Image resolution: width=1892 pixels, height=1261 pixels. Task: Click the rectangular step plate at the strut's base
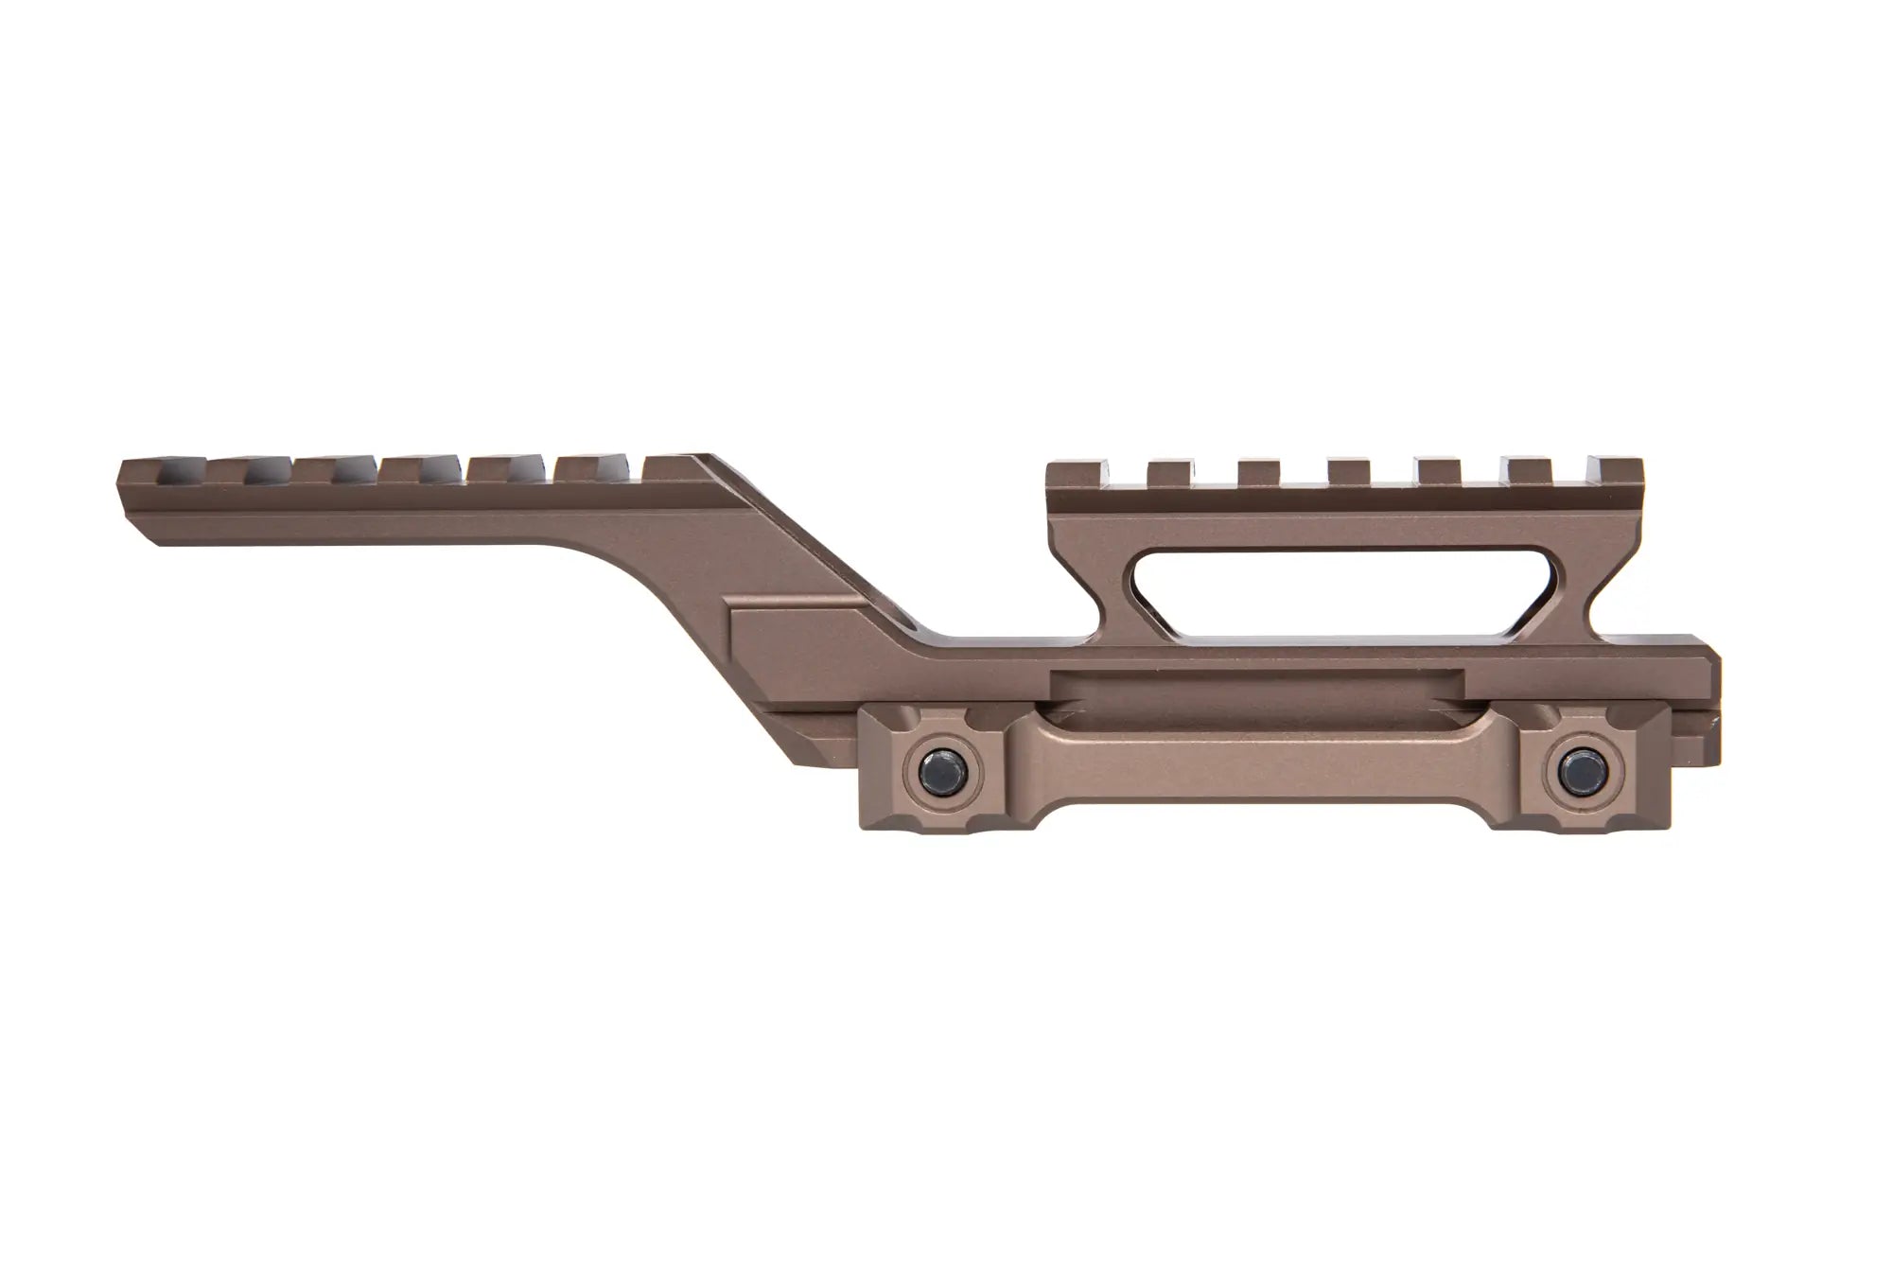click(804, 629)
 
